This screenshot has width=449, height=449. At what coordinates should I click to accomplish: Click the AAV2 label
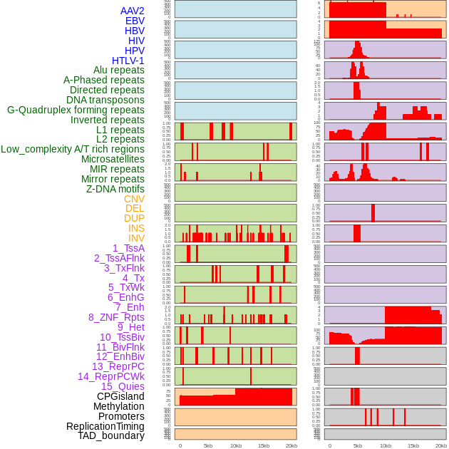[x=132, y=11]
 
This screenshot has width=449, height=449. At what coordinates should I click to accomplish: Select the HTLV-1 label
[x=128, y=61]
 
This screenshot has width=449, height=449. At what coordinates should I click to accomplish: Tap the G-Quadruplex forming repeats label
[x=76, y=110]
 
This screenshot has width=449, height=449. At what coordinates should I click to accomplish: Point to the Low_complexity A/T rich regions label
[x=73, y=149]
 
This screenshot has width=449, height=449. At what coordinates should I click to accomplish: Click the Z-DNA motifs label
[x=115, y=189]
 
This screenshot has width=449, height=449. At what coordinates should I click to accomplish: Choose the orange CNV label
[x=134, y=199]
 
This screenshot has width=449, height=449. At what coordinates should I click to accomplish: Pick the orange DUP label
[x=134, y=218]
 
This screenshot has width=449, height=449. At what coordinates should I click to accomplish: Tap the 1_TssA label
[x=128, y=248]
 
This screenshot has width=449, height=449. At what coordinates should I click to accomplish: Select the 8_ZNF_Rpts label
[x=116, y=317]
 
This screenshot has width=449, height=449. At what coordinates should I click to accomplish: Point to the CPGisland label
[x=120, y=396]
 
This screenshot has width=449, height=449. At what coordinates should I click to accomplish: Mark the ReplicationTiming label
[x=105, y=426]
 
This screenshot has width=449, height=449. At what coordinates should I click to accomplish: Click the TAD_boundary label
[x=111, y=435]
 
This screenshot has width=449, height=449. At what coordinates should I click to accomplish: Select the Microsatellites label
[x=113, y=159]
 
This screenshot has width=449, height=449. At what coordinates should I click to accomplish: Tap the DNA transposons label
[x=105, y=100]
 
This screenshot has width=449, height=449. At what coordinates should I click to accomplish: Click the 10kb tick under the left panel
[x=235, y=445]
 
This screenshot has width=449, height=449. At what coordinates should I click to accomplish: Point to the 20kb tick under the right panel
[x=441, y=445]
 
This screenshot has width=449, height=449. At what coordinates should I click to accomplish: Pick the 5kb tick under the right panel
[x=357, y=445]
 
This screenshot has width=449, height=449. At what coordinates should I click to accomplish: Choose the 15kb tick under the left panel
[x=263, y=445]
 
